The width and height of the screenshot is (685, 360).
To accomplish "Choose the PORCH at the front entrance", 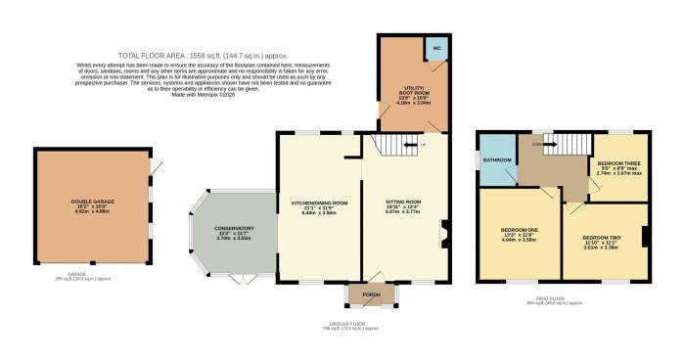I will (x=372, y=293).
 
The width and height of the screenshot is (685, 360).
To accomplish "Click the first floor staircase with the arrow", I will (x=549, y=146).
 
